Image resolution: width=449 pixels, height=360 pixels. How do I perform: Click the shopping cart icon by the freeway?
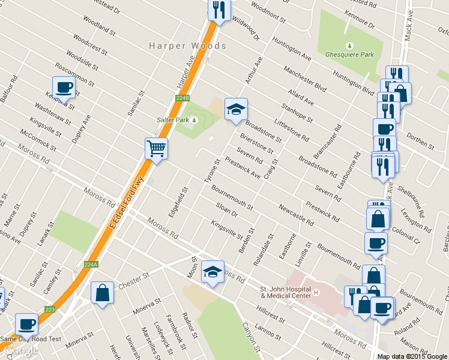(155, 148)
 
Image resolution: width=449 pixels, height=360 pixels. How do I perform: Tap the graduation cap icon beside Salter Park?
(236, 109)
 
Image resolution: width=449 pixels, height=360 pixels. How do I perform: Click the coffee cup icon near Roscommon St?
(64, 88)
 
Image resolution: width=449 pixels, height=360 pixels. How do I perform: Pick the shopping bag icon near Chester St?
(102, 293)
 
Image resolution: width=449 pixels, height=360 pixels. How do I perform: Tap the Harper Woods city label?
(187, 46)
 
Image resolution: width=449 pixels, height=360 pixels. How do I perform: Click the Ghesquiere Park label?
(349, 55)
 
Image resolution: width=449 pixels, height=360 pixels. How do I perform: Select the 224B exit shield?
(183, 97)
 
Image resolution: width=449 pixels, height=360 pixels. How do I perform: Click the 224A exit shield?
(91, 264)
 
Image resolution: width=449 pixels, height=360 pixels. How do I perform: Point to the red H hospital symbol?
(317, 293)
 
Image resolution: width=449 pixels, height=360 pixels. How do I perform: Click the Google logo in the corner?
(20, 350)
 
